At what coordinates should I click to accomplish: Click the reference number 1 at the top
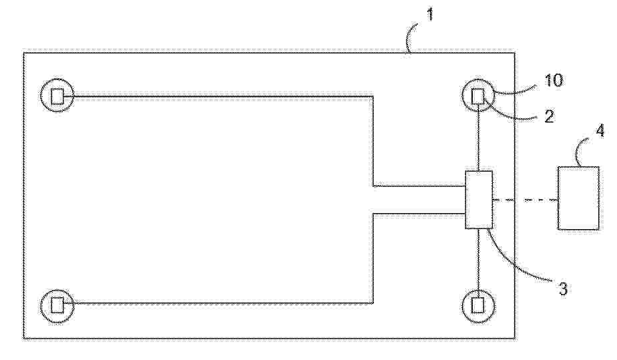coord(430,15)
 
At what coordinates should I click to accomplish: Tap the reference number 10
coord(554,80)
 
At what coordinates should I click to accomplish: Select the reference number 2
coord(550,116)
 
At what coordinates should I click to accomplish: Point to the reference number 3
coord(563,289)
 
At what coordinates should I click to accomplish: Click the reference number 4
coord(600,131)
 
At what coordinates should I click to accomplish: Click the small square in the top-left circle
coord(57,96)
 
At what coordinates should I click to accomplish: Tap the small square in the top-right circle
coord(477,96)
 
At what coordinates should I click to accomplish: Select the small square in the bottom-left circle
coord(57,305)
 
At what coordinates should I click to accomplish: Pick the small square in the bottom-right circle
coord(477,305)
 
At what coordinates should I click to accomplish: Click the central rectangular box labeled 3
coord(479,200)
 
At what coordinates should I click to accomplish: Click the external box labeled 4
coord(578,198)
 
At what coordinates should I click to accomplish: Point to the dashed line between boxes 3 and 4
coord(525,200)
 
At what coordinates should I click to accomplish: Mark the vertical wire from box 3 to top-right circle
coord(478,138)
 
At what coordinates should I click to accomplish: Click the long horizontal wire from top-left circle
coord(223,96)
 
